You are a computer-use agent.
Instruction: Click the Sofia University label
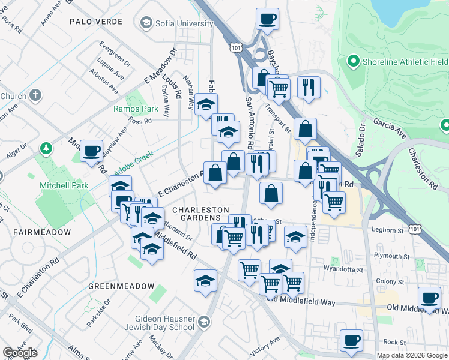point(184,23)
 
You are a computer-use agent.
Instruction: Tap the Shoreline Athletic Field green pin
point(354,61)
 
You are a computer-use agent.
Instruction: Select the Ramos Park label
point(136,109)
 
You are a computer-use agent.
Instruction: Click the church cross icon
point(35,95)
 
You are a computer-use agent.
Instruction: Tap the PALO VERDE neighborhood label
point(96,22)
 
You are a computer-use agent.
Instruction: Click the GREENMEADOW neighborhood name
point(121,286)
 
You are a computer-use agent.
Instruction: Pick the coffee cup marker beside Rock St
point(351,340)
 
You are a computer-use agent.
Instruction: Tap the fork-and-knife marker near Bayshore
point(309,87)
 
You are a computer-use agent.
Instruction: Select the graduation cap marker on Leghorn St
point(295,236)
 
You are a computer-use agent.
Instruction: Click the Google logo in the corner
point(20,353)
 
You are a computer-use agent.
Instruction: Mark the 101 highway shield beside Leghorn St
point(415,229)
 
